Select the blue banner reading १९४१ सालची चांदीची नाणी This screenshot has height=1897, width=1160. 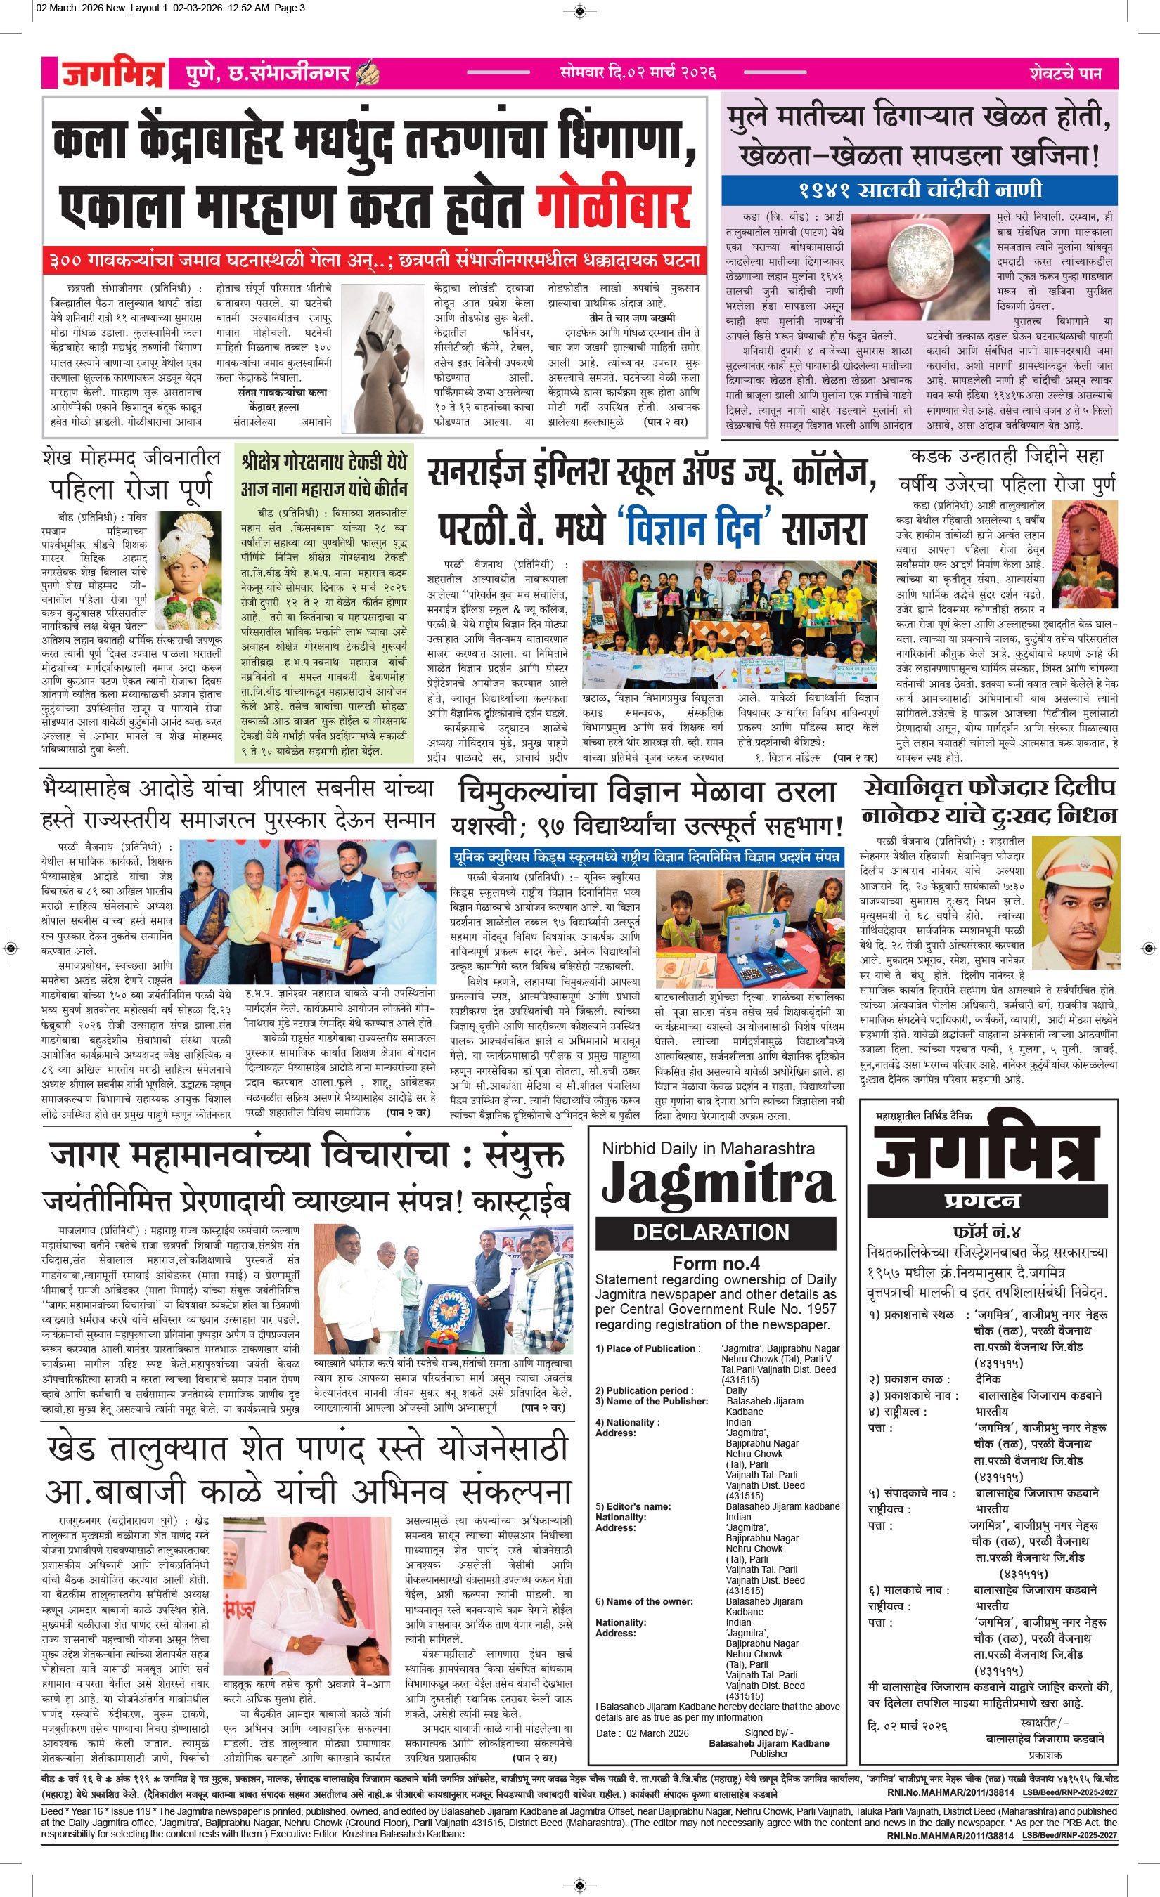(x=918, y=190)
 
